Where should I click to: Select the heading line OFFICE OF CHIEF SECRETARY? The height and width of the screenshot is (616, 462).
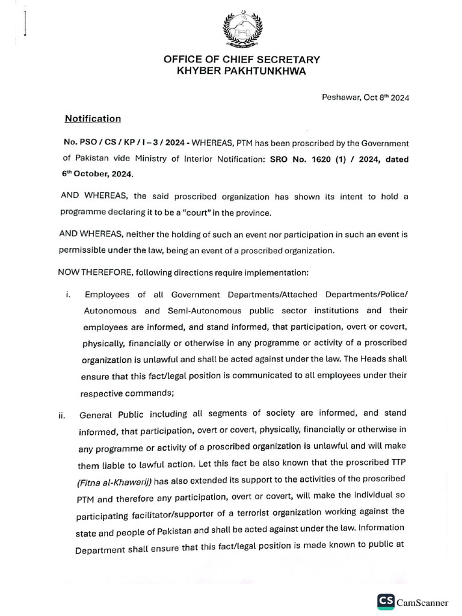point(242,60)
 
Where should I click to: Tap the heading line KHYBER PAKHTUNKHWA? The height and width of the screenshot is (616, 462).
point(242,71)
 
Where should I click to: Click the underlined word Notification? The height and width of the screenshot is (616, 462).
point(93,119)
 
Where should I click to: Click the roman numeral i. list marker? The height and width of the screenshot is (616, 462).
point(69,295)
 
